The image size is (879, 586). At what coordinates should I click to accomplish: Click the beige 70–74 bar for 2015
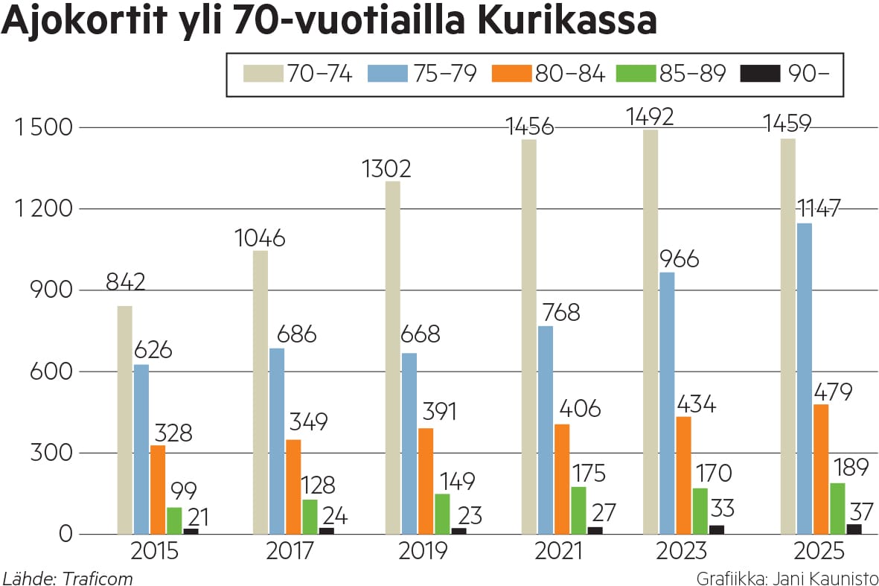[125, 420]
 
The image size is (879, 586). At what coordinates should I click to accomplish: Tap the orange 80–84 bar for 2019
[425, 481]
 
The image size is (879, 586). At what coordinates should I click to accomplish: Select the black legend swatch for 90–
[760, 74]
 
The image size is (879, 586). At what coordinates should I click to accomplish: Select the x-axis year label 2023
[681, 552]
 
